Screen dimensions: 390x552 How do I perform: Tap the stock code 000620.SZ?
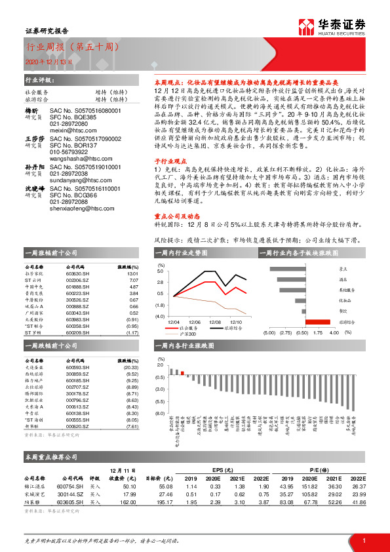[x=78, y=426]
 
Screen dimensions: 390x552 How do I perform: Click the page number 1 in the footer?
[x=363, y=540]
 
